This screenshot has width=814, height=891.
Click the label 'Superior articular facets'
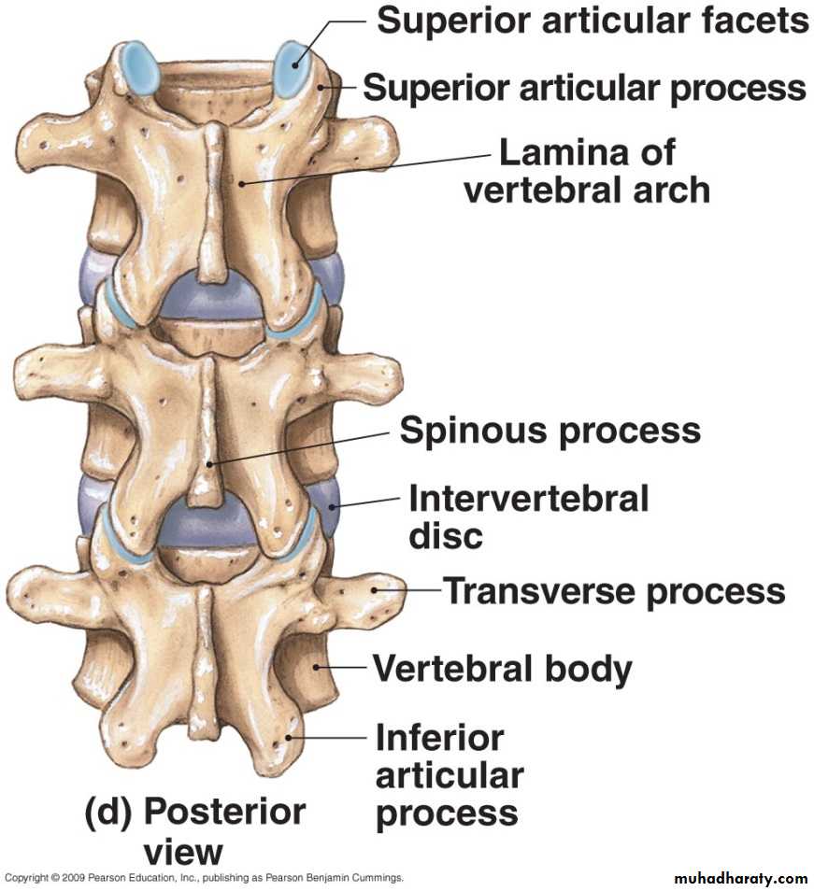coord(593,20)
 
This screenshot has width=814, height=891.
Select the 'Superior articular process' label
coord(584,88)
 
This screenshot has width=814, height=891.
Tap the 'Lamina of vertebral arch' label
coord(587,171)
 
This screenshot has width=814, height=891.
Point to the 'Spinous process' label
coord(550,431)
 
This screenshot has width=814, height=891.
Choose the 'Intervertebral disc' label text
coord(528,516)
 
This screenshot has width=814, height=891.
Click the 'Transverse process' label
coord(613,590)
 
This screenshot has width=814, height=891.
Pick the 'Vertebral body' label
coord(503,669)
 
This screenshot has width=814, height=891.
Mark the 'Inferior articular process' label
coord(449,775)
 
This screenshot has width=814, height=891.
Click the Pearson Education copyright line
coord(204,878)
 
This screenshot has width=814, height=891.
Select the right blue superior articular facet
coord(292,68)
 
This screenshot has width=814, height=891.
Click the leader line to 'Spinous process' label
coord(299,447)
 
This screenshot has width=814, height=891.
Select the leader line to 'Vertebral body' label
coord(345,668)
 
